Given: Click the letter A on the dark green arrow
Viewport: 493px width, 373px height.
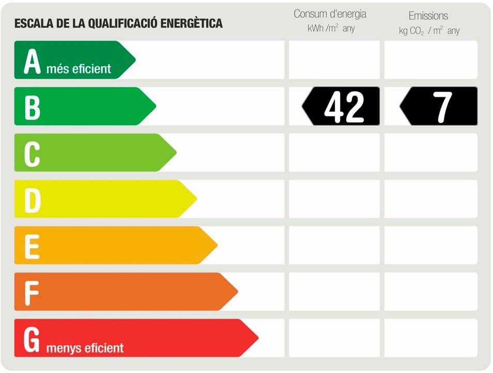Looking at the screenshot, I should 32,62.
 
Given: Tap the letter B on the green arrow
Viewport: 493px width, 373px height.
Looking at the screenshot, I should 32,108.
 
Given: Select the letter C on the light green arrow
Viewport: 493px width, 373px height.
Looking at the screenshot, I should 32,154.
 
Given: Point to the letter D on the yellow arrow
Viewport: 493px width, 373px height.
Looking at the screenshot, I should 32,200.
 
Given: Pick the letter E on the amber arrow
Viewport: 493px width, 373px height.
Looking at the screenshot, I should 32,246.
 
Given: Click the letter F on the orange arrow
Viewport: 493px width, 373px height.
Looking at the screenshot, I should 32,293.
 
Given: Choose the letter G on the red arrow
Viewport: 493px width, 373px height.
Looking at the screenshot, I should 32,339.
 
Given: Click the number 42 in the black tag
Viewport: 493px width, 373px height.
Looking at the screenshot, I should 344,107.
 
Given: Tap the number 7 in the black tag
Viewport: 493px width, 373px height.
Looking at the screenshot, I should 443,107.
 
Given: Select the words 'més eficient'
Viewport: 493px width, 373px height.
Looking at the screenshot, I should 79,69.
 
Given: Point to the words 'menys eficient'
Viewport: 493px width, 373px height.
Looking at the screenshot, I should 85,348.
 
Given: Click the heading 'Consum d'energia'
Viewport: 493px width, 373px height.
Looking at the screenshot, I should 330,14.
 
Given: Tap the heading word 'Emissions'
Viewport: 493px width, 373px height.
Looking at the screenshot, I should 428,16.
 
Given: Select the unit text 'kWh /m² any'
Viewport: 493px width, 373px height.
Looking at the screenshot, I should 331,29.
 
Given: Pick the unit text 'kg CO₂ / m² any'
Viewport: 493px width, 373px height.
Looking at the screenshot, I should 429,31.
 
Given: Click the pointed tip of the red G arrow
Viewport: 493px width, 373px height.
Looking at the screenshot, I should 257,338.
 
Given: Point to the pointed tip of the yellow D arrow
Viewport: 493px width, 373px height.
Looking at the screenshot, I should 196,199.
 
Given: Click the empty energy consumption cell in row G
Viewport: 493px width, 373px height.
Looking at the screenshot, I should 334,338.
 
